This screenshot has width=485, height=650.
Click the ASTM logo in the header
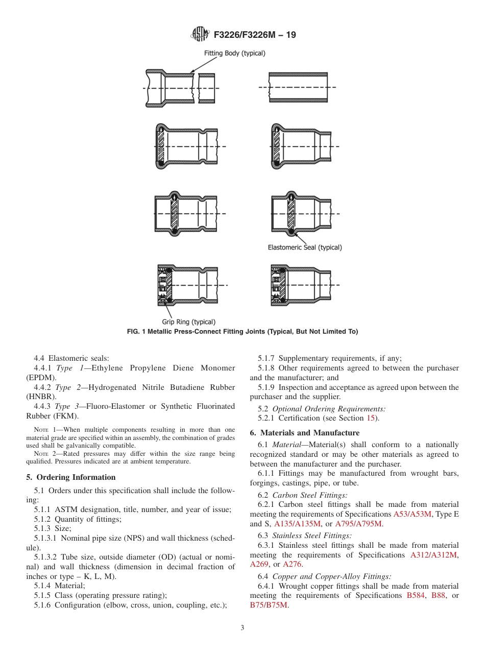pyautogui.click(x=200, y=35)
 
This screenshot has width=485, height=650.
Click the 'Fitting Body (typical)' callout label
pyautogui.click(x=234, y=53)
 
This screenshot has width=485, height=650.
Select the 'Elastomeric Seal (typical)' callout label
pyautogui.click(x=305, y=247)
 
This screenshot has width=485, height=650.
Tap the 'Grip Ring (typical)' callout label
pyautogui.click(x=188, y=322)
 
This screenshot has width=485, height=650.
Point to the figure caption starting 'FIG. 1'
pyautogui.click(x=243, y=332)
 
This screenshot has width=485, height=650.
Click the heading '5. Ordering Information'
pyautogui.click(x=71, y=477)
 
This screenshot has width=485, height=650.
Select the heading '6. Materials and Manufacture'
pyautogui.click(x=304, y=433)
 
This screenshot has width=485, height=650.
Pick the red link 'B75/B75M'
pyautogui.click(x=269, y=605)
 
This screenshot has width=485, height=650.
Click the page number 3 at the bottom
pyautogui.click(x=243, y=628)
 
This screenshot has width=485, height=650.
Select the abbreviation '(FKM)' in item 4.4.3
pyautogui.click(x=66, y=415)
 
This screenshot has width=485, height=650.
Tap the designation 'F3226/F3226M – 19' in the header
pyautogui.click(x=255, y=35)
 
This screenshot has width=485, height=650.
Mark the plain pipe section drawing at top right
pyautogui.click(x=299, y=87)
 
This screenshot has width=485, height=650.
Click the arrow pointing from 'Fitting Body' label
pyautogui.click(x=207, y=64)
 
